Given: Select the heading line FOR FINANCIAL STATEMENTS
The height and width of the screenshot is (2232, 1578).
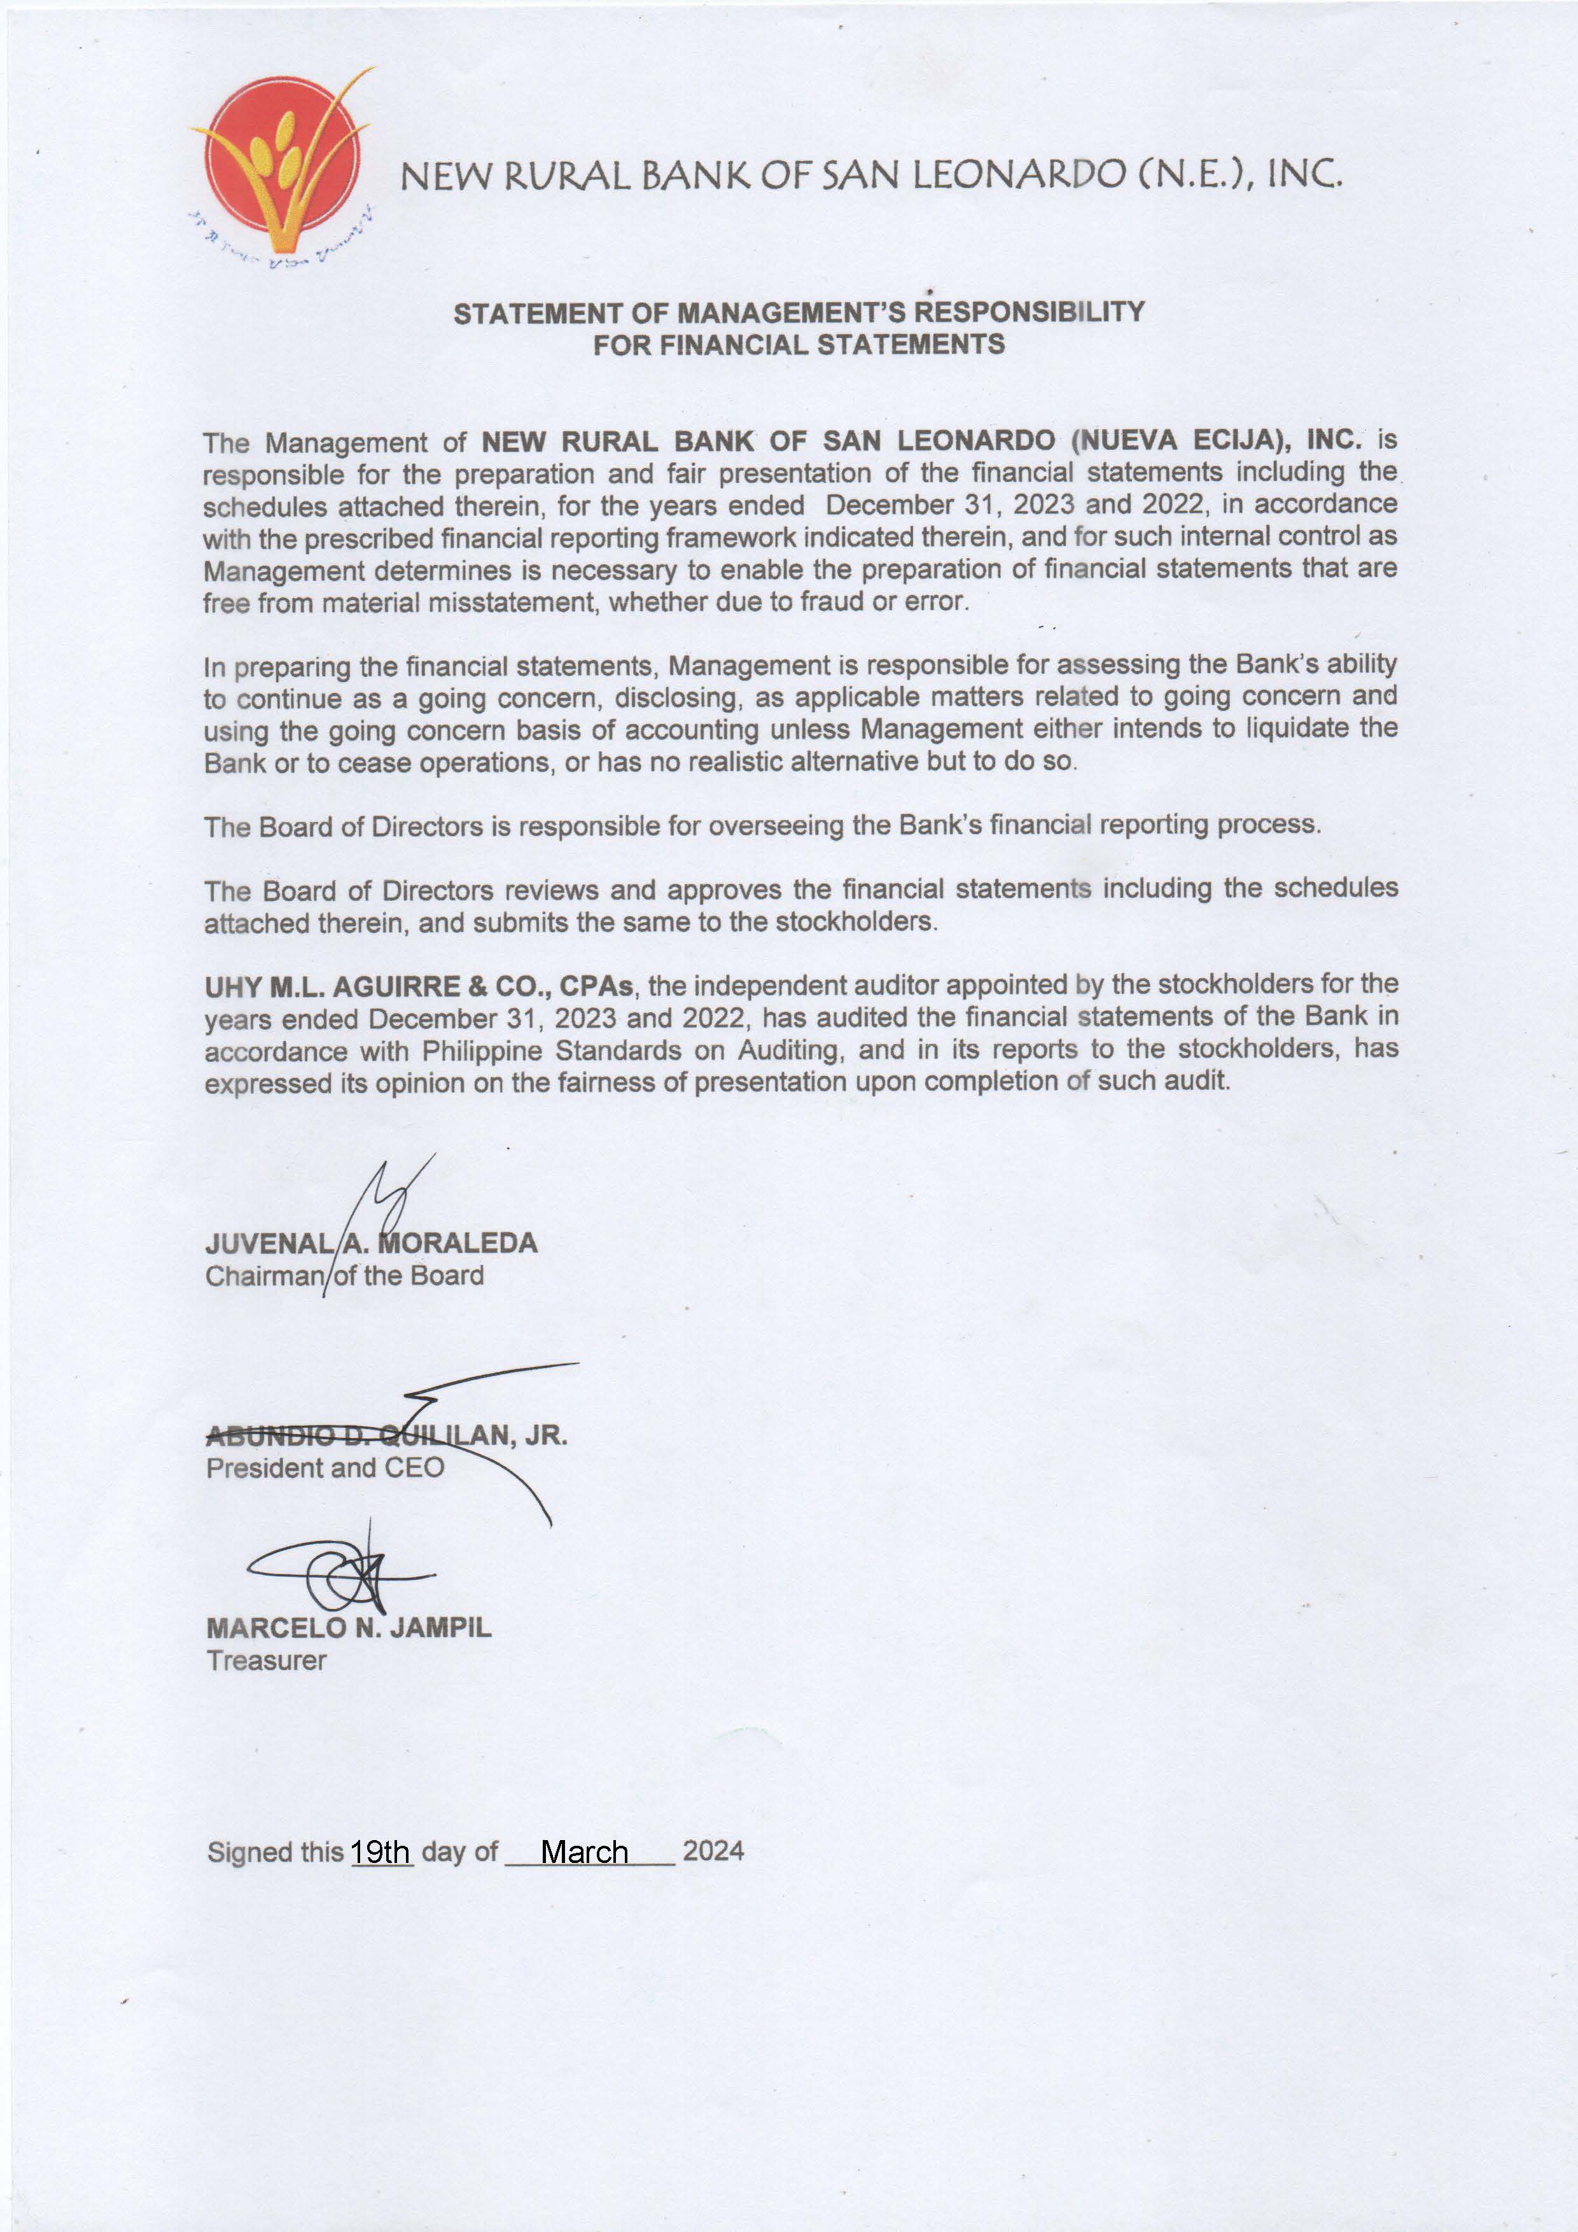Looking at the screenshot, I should (x=799, y=345).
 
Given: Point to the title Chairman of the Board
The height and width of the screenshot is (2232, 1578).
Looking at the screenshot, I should (x=344, y=1276).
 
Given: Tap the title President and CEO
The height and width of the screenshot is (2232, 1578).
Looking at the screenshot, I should (x=325, y=1467).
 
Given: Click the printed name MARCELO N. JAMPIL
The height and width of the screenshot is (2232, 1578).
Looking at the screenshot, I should (x=348, y=1628).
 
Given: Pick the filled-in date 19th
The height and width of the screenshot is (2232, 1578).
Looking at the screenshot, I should (x=381, y=1852).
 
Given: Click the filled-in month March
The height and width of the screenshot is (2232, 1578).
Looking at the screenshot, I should (x=583, y=1852).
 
